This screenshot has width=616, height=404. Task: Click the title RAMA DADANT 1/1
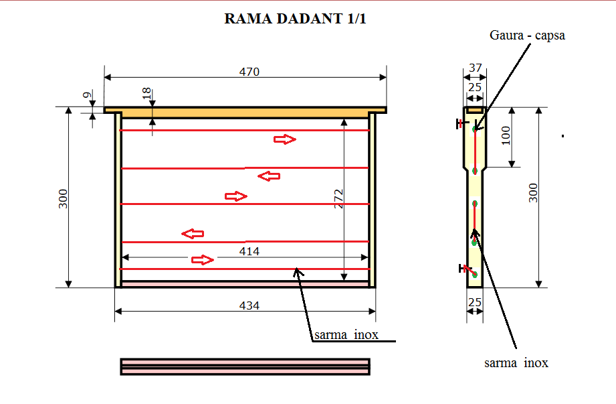point(295,19)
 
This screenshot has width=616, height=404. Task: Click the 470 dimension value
point(249,72)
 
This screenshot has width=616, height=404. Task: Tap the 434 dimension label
point(249,306)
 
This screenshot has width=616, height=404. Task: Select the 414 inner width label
point(249,251)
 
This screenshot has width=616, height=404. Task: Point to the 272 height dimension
point(338,199)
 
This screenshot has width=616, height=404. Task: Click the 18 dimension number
point(146,93)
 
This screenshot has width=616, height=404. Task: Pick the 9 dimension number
point(88,94)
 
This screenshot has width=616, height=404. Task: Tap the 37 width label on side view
point(476,68)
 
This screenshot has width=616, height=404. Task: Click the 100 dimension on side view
point(506,135)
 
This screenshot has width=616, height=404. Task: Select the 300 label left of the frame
point(63,199)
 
